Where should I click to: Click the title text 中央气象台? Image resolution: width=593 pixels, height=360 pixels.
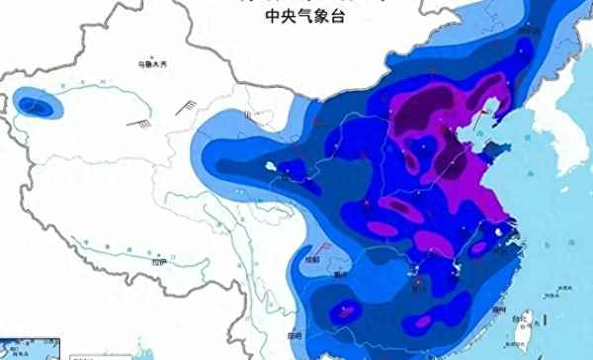click(x=296, y=17)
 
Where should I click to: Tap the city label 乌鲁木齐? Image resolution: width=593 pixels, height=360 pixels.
click(x=153, y=64)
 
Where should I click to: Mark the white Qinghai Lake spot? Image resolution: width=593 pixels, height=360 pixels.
click(x=270, y=169)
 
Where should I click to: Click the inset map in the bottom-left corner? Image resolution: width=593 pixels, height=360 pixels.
click(x=30, y=348)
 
